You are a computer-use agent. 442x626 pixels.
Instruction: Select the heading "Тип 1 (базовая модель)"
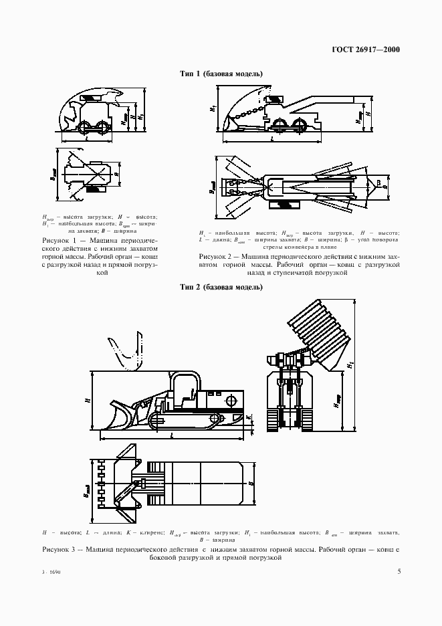(x=221, y=74)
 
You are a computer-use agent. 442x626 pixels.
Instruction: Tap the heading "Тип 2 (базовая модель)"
(x=221, y=288)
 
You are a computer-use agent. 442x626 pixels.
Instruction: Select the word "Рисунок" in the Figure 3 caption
(x=58, y=549)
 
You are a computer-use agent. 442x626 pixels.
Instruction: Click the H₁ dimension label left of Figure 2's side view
(x=211, y=108)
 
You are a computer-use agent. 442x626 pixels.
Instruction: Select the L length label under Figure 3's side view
(x=173, y=435)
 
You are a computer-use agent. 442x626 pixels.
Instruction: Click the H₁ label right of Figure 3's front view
(x=350, y=367)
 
